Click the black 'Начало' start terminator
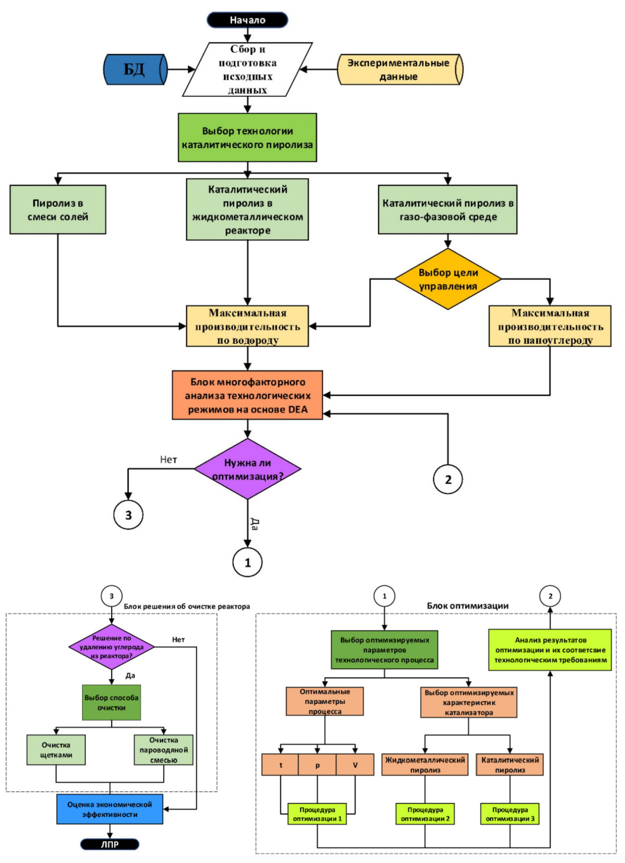coord(247,20)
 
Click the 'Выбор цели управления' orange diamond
coord(448,279)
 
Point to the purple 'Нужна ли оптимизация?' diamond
coord(247,469)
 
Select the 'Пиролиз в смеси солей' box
coord(58,210)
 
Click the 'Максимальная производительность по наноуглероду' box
coord(550,326)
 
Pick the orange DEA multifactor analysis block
coord(247,395)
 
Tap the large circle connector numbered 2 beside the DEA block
coord(448,479)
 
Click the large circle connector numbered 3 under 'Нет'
coord(128,515)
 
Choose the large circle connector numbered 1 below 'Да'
coord(247,562)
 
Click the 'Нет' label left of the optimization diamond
coord(168,459)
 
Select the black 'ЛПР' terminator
coord(110,844)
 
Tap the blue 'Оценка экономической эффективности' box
coord(110,809)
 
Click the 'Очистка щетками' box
coord(56,750)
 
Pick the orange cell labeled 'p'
coord(317,765)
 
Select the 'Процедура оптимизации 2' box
coord(425,814)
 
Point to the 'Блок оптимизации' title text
coord(468,606)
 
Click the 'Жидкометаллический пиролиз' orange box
coord(425,765)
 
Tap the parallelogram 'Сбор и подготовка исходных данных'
coord(247,69)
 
